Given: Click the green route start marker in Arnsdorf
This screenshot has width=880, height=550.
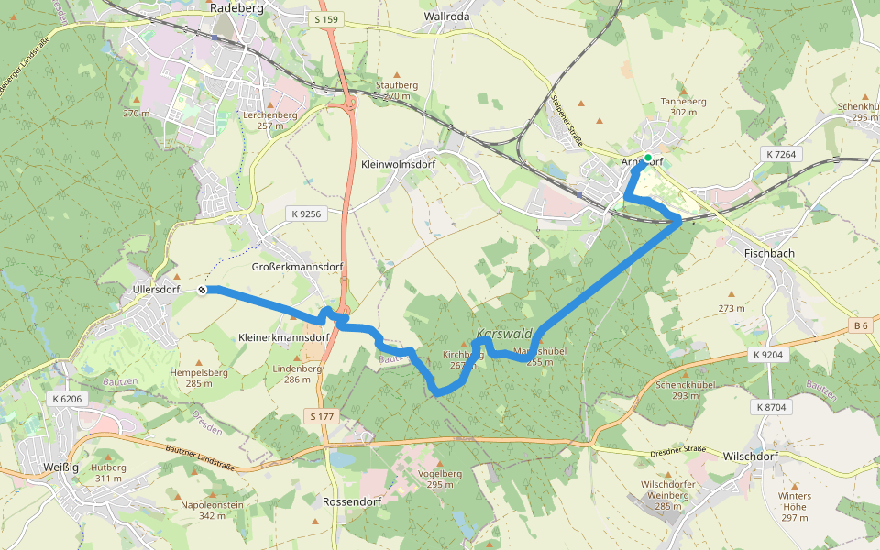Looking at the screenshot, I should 648,159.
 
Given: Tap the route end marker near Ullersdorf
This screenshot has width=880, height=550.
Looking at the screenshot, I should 202,290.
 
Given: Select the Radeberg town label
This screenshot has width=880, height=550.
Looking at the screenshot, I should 236,7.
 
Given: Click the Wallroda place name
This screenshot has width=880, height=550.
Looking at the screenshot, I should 447,16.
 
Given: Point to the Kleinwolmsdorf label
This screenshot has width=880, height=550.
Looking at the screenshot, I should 398,164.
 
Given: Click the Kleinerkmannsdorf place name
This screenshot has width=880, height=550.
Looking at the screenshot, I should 283,337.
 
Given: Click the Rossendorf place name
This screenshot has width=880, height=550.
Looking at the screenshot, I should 353,502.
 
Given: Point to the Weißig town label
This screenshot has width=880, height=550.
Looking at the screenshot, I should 58,467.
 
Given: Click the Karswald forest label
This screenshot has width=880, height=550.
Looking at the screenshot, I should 504,335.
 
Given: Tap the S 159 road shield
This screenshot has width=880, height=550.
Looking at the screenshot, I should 325,19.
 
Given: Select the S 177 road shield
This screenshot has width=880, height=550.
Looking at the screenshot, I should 322,417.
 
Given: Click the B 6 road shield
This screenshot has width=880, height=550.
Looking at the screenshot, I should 861,325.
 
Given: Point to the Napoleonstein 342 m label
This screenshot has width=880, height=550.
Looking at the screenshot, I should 212,510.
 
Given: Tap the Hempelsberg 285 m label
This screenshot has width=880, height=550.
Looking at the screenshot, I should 198,378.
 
